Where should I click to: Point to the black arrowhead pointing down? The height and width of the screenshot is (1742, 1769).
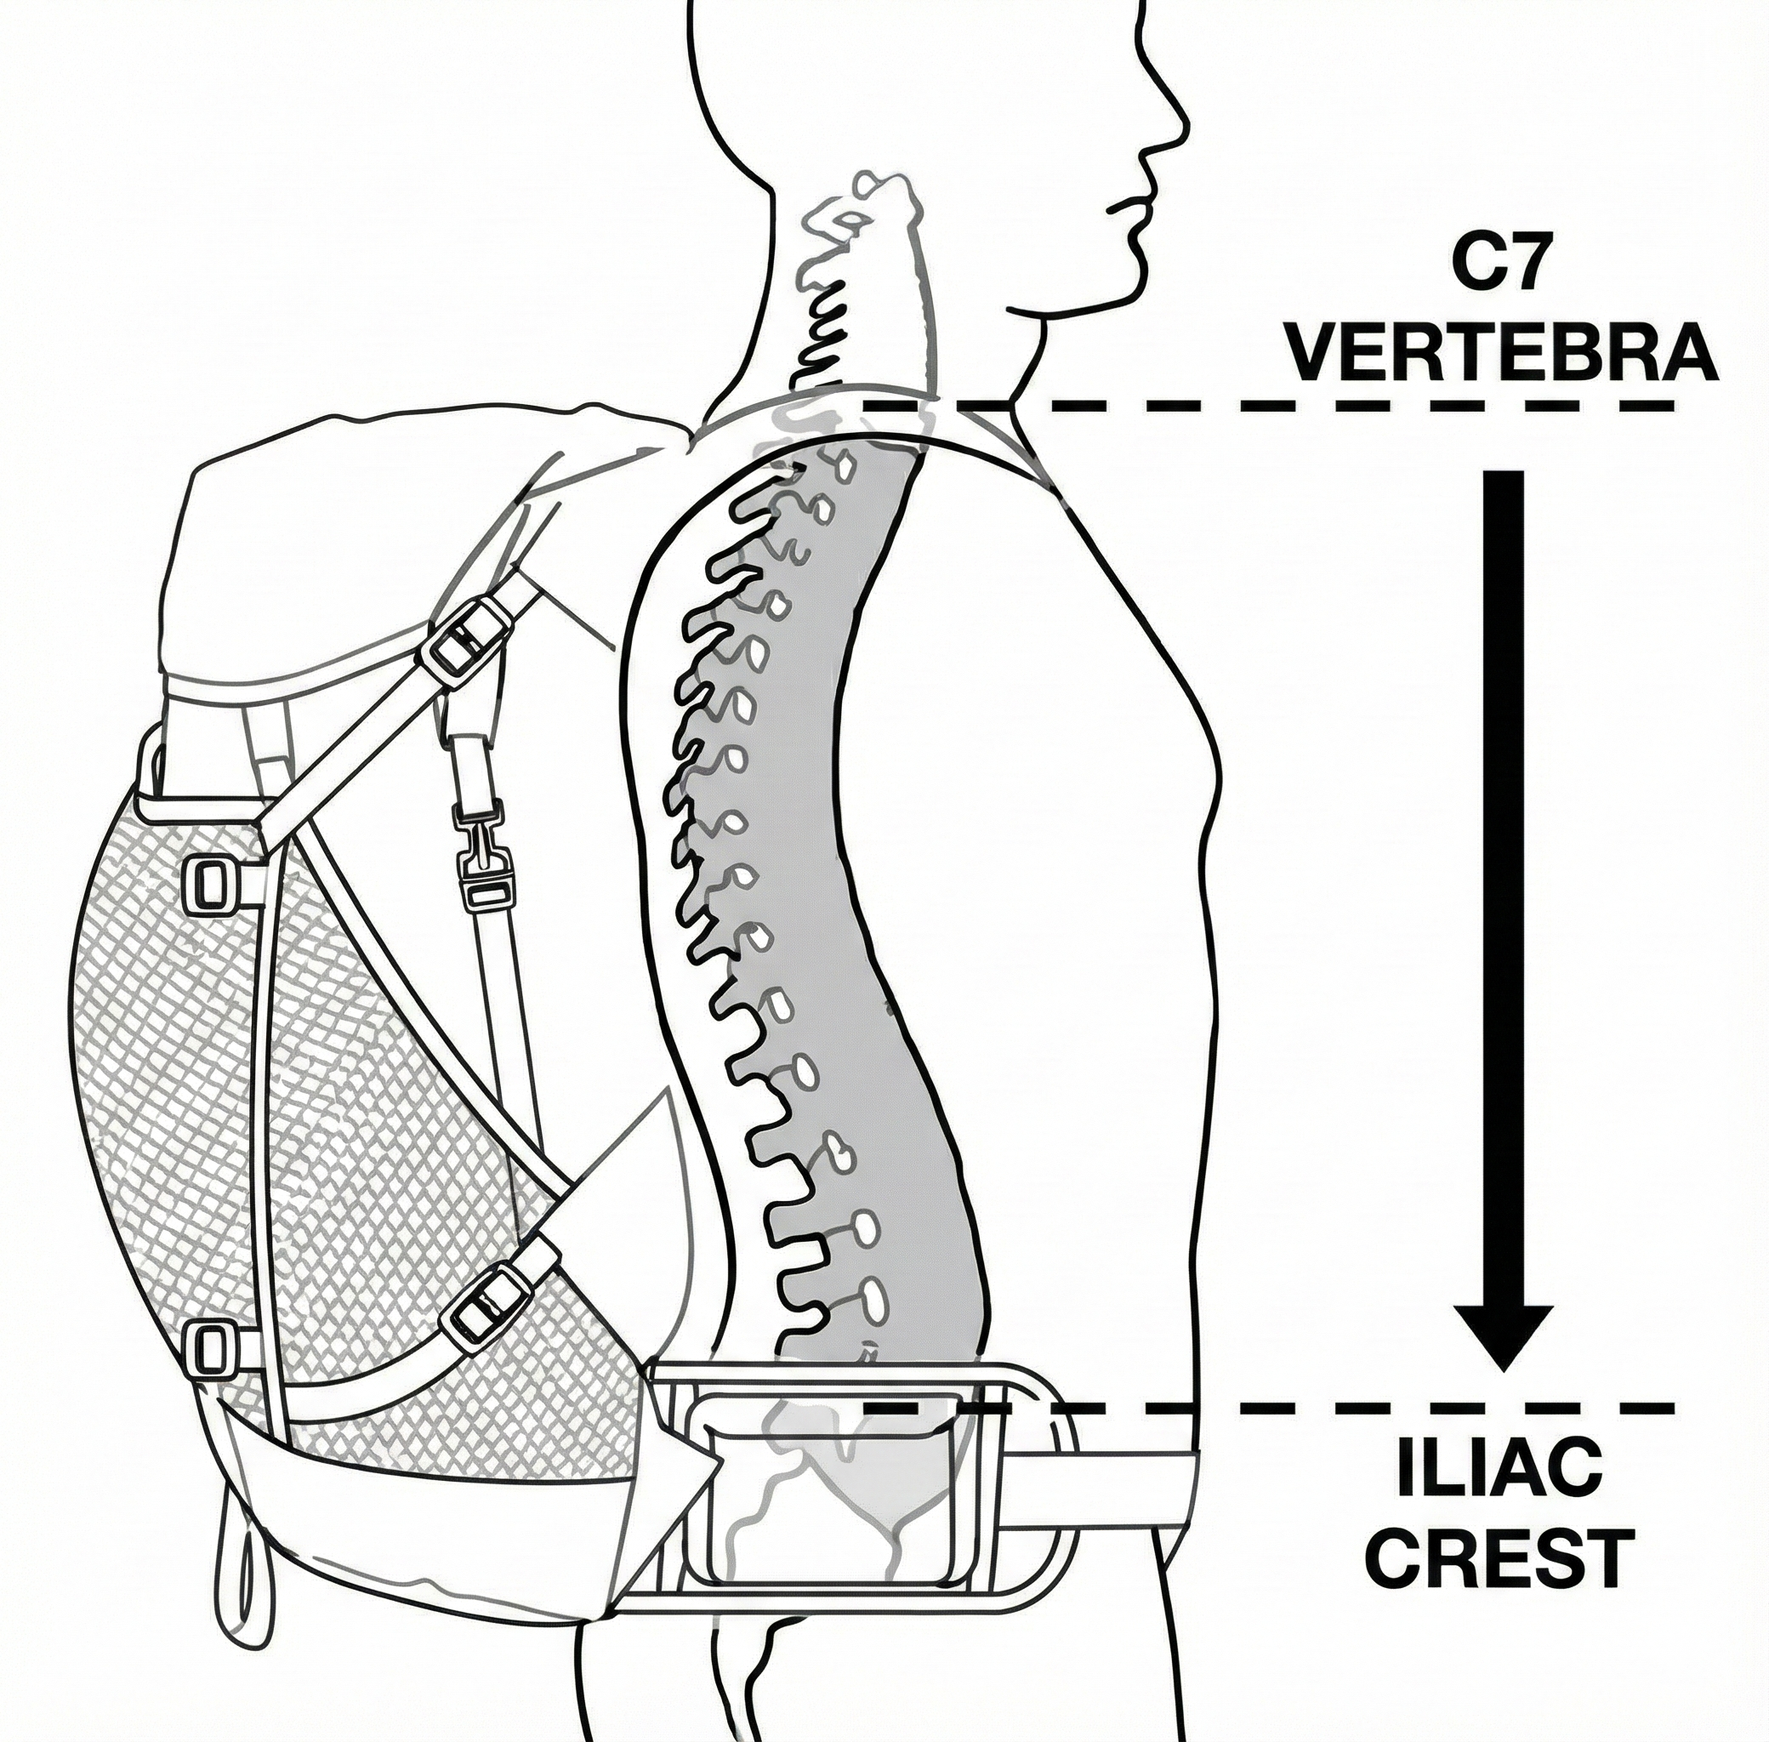tap(1504, 1342)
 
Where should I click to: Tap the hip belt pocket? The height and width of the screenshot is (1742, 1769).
tap(823, 1498)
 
